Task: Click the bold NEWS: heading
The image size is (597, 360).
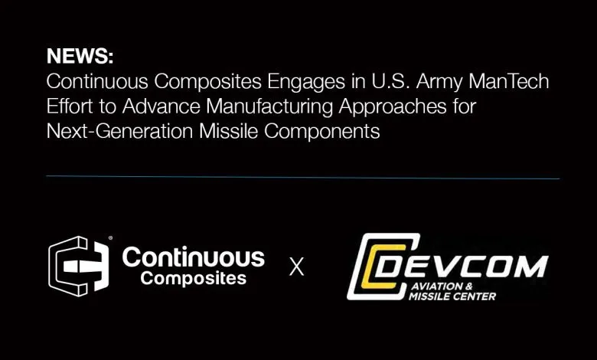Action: (x=80, y=56)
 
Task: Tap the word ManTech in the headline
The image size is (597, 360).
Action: (x=509, y=81)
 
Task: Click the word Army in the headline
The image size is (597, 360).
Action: (x=439, y=83)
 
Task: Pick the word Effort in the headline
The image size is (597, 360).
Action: (x=70, y=106)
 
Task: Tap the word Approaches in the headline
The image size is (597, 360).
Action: (x=393, y=107)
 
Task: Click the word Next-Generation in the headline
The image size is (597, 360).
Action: (x=119, y=131)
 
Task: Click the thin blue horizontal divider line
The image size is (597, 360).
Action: (x=302, y=177)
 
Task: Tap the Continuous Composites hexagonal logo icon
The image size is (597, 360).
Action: (x=79, y=267)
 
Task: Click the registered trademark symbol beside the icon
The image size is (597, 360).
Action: (x=110, y=238)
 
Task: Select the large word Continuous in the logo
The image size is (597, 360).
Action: (x=194, y=257)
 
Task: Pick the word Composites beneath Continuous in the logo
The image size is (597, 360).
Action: (x=194, y=279)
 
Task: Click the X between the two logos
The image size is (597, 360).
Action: (x=297, y=267)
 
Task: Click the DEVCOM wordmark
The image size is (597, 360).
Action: (x=461, y=267)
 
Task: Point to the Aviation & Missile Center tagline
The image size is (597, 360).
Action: (x=452, y=291)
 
